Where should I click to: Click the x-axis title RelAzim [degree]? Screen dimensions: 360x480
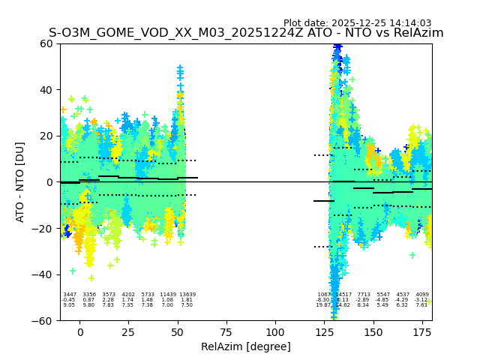[x=246, y=346]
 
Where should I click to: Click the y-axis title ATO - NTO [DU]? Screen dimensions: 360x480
[x=20, y=181]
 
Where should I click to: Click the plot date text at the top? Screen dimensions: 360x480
[x=357, y=23]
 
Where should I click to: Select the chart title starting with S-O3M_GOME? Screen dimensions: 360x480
[x=246, y=33]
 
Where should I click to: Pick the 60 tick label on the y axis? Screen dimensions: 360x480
[x=46, y=43]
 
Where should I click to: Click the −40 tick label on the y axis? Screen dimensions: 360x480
[x=43, y=274]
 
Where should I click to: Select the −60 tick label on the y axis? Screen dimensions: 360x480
[x=43, y=320]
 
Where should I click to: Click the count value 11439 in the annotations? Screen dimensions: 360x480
[x=167, y=295]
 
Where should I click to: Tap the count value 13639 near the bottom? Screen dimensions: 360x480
[x=187, y=295]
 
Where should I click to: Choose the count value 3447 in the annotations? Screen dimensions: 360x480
[x=69, y=295]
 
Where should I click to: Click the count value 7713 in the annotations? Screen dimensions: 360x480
[x=363, y=295]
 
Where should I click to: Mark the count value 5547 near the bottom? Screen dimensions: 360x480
[x=383, y=295]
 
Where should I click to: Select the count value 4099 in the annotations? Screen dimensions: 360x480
[x=421, y=295]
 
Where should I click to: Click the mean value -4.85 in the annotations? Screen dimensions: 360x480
[x=383, y=300]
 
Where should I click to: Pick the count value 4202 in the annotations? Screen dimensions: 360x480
[x=128, y=295]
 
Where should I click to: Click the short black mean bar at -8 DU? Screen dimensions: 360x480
[x=324, y=201]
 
